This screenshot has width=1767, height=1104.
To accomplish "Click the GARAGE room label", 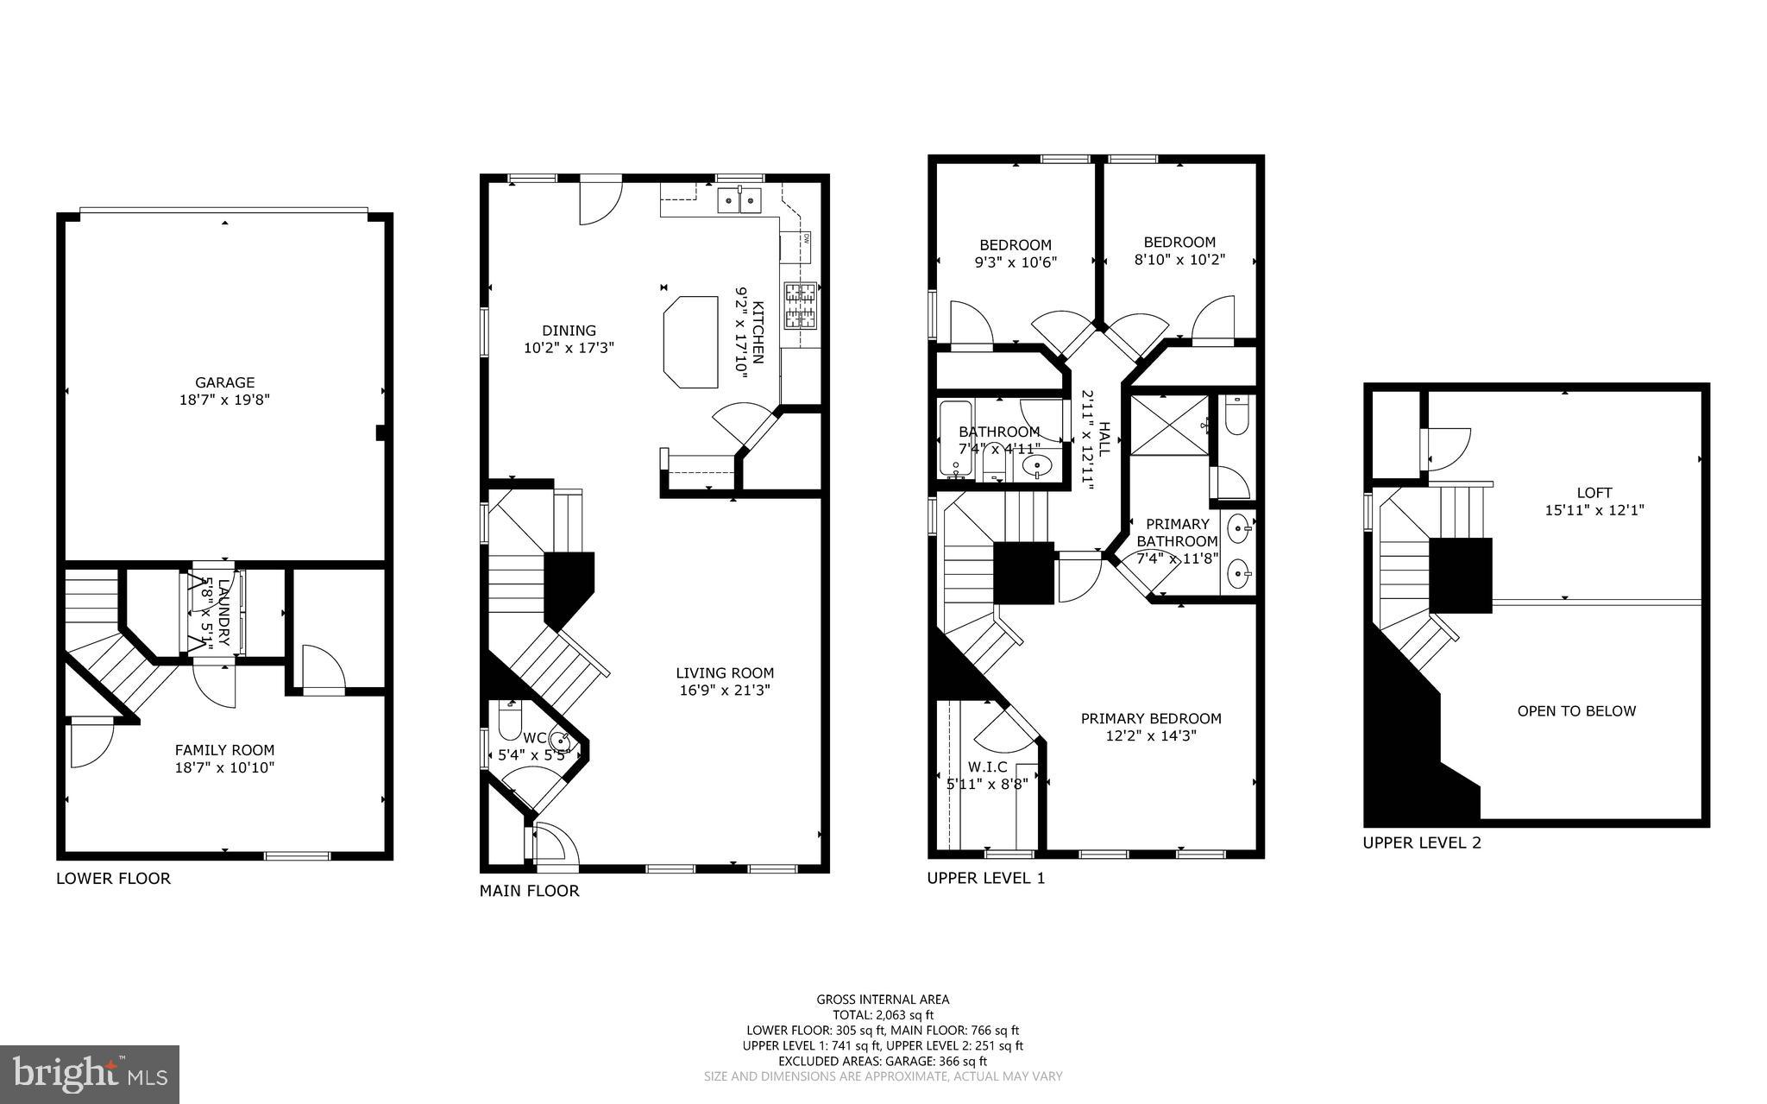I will point(224,382).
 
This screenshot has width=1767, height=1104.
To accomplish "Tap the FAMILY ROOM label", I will point(224,750).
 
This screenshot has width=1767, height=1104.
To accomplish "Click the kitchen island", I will point(691,342).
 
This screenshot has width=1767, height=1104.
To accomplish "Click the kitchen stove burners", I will point(800,306).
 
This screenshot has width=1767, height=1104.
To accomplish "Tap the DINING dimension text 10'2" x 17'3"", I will point(569,348).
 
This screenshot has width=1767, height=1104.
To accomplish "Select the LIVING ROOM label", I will point(725,673).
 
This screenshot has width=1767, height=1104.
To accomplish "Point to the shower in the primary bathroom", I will point(1168,425).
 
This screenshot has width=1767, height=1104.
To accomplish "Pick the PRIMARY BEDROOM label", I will point(1151,718).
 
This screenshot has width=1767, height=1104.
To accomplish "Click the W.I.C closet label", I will point(987,766).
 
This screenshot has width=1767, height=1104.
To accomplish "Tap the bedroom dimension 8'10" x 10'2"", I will point(1179,259).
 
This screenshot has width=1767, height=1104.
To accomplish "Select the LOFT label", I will point(1594,493).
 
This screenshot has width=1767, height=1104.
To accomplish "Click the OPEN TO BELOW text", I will point(1576,711).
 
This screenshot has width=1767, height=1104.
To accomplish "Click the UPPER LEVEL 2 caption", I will point(1421,842).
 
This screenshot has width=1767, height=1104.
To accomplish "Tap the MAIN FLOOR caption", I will point(529,891).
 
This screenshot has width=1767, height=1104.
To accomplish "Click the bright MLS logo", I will point(90,1074).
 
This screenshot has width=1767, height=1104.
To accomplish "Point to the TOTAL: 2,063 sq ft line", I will point(883,1015).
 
